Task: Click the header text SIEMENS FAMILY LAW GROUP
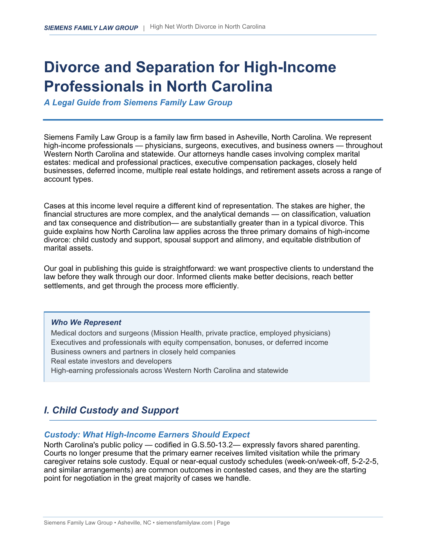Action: tap(91, 28)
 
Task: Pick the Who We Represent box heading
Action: tap(86, 322)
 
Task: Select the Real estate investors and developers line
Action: tap(111, 361)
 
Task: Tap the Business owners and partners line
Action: tap(143, 352)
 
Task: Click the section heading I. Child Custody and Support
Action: tap(111, 410)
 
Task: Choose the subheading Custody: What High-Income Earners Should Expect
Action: tap(147, 435)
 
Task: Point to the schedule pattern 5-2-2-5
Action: tap(364, 462)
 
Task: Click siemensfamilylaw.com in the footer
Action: tap(184, 523)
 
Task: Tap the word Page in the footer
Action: tap(223, 523)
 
